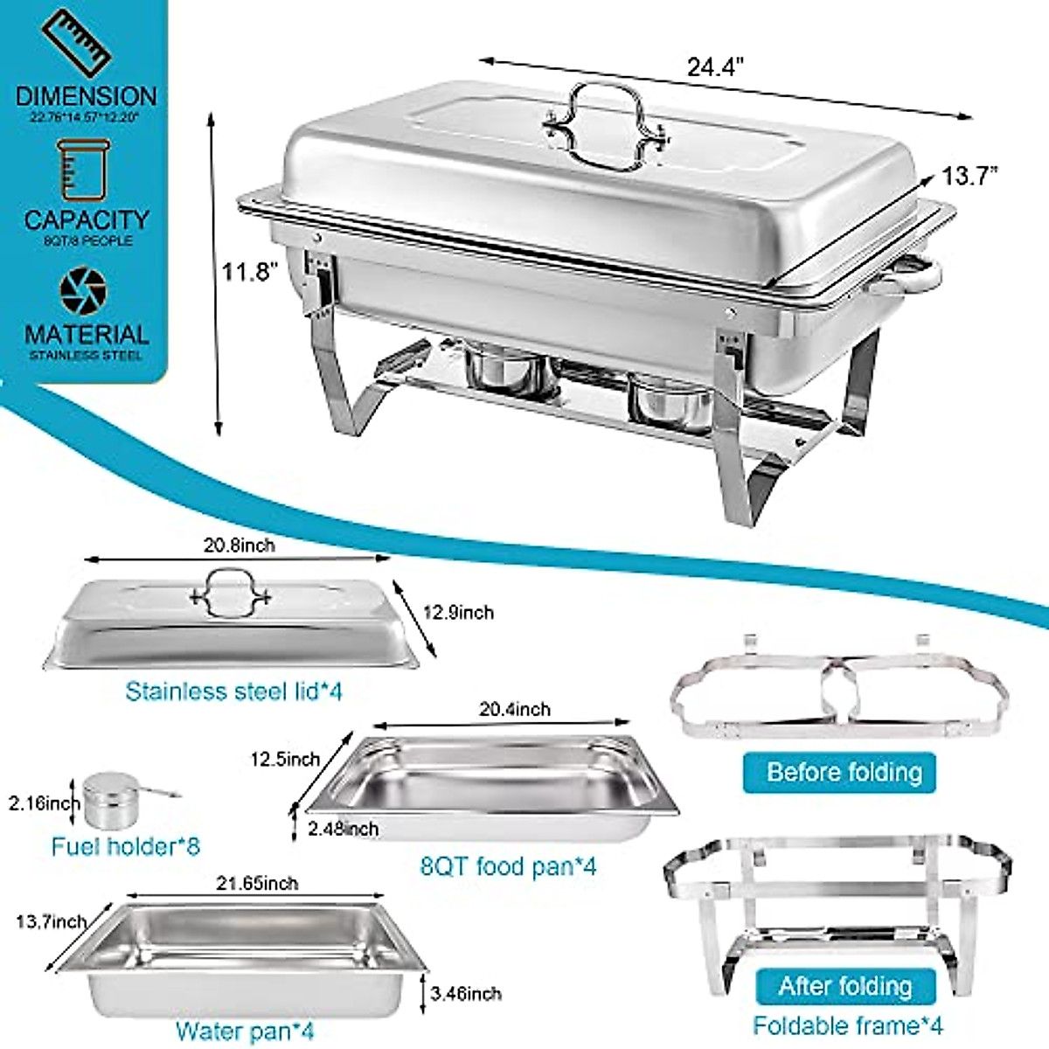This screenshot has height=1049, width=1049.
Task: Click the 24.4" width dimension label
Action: [714, 67]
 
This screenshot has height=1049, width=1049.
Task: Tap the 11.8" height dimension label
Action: [248, 272]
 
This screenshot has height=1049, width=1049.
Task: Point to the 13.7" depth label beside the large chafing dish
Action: [969, 176]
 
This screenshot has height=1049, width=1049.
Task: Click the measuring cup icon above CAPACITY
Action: [84, 170]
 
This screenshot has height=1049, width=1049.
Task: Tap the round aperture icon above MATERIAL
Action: [84, 289]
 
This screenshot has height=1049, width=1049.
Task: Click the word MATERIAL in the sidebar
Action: [87, 334]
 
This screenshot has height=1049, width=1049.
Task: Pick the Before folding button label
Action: [844, 773]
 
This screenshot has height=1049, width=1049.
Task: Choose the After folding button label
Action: [844, 987]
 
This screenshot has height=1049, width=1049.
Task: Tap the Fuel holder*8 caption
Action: [125, 846]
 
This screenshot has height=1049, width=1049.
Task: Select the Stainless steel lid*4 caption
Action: [233, 691]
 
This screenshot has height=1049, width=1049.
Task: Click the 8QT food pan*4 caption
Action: [508, 866]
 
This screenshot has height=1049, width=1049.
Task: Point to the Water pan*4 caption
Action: [244, 1032]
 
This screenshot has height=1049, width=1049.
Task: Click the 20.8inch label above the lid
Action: [239, 545]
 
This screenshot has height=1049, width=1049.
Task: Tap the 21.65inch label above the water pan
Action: [257, 884]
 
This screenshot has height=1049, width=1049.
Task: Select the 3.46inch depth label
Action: [466, 993]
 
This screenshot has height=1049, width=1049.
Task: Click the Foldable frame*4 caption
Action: [847, 1025]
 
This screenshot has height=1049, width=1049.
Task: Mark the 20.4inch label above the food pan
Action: [515, 709]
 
